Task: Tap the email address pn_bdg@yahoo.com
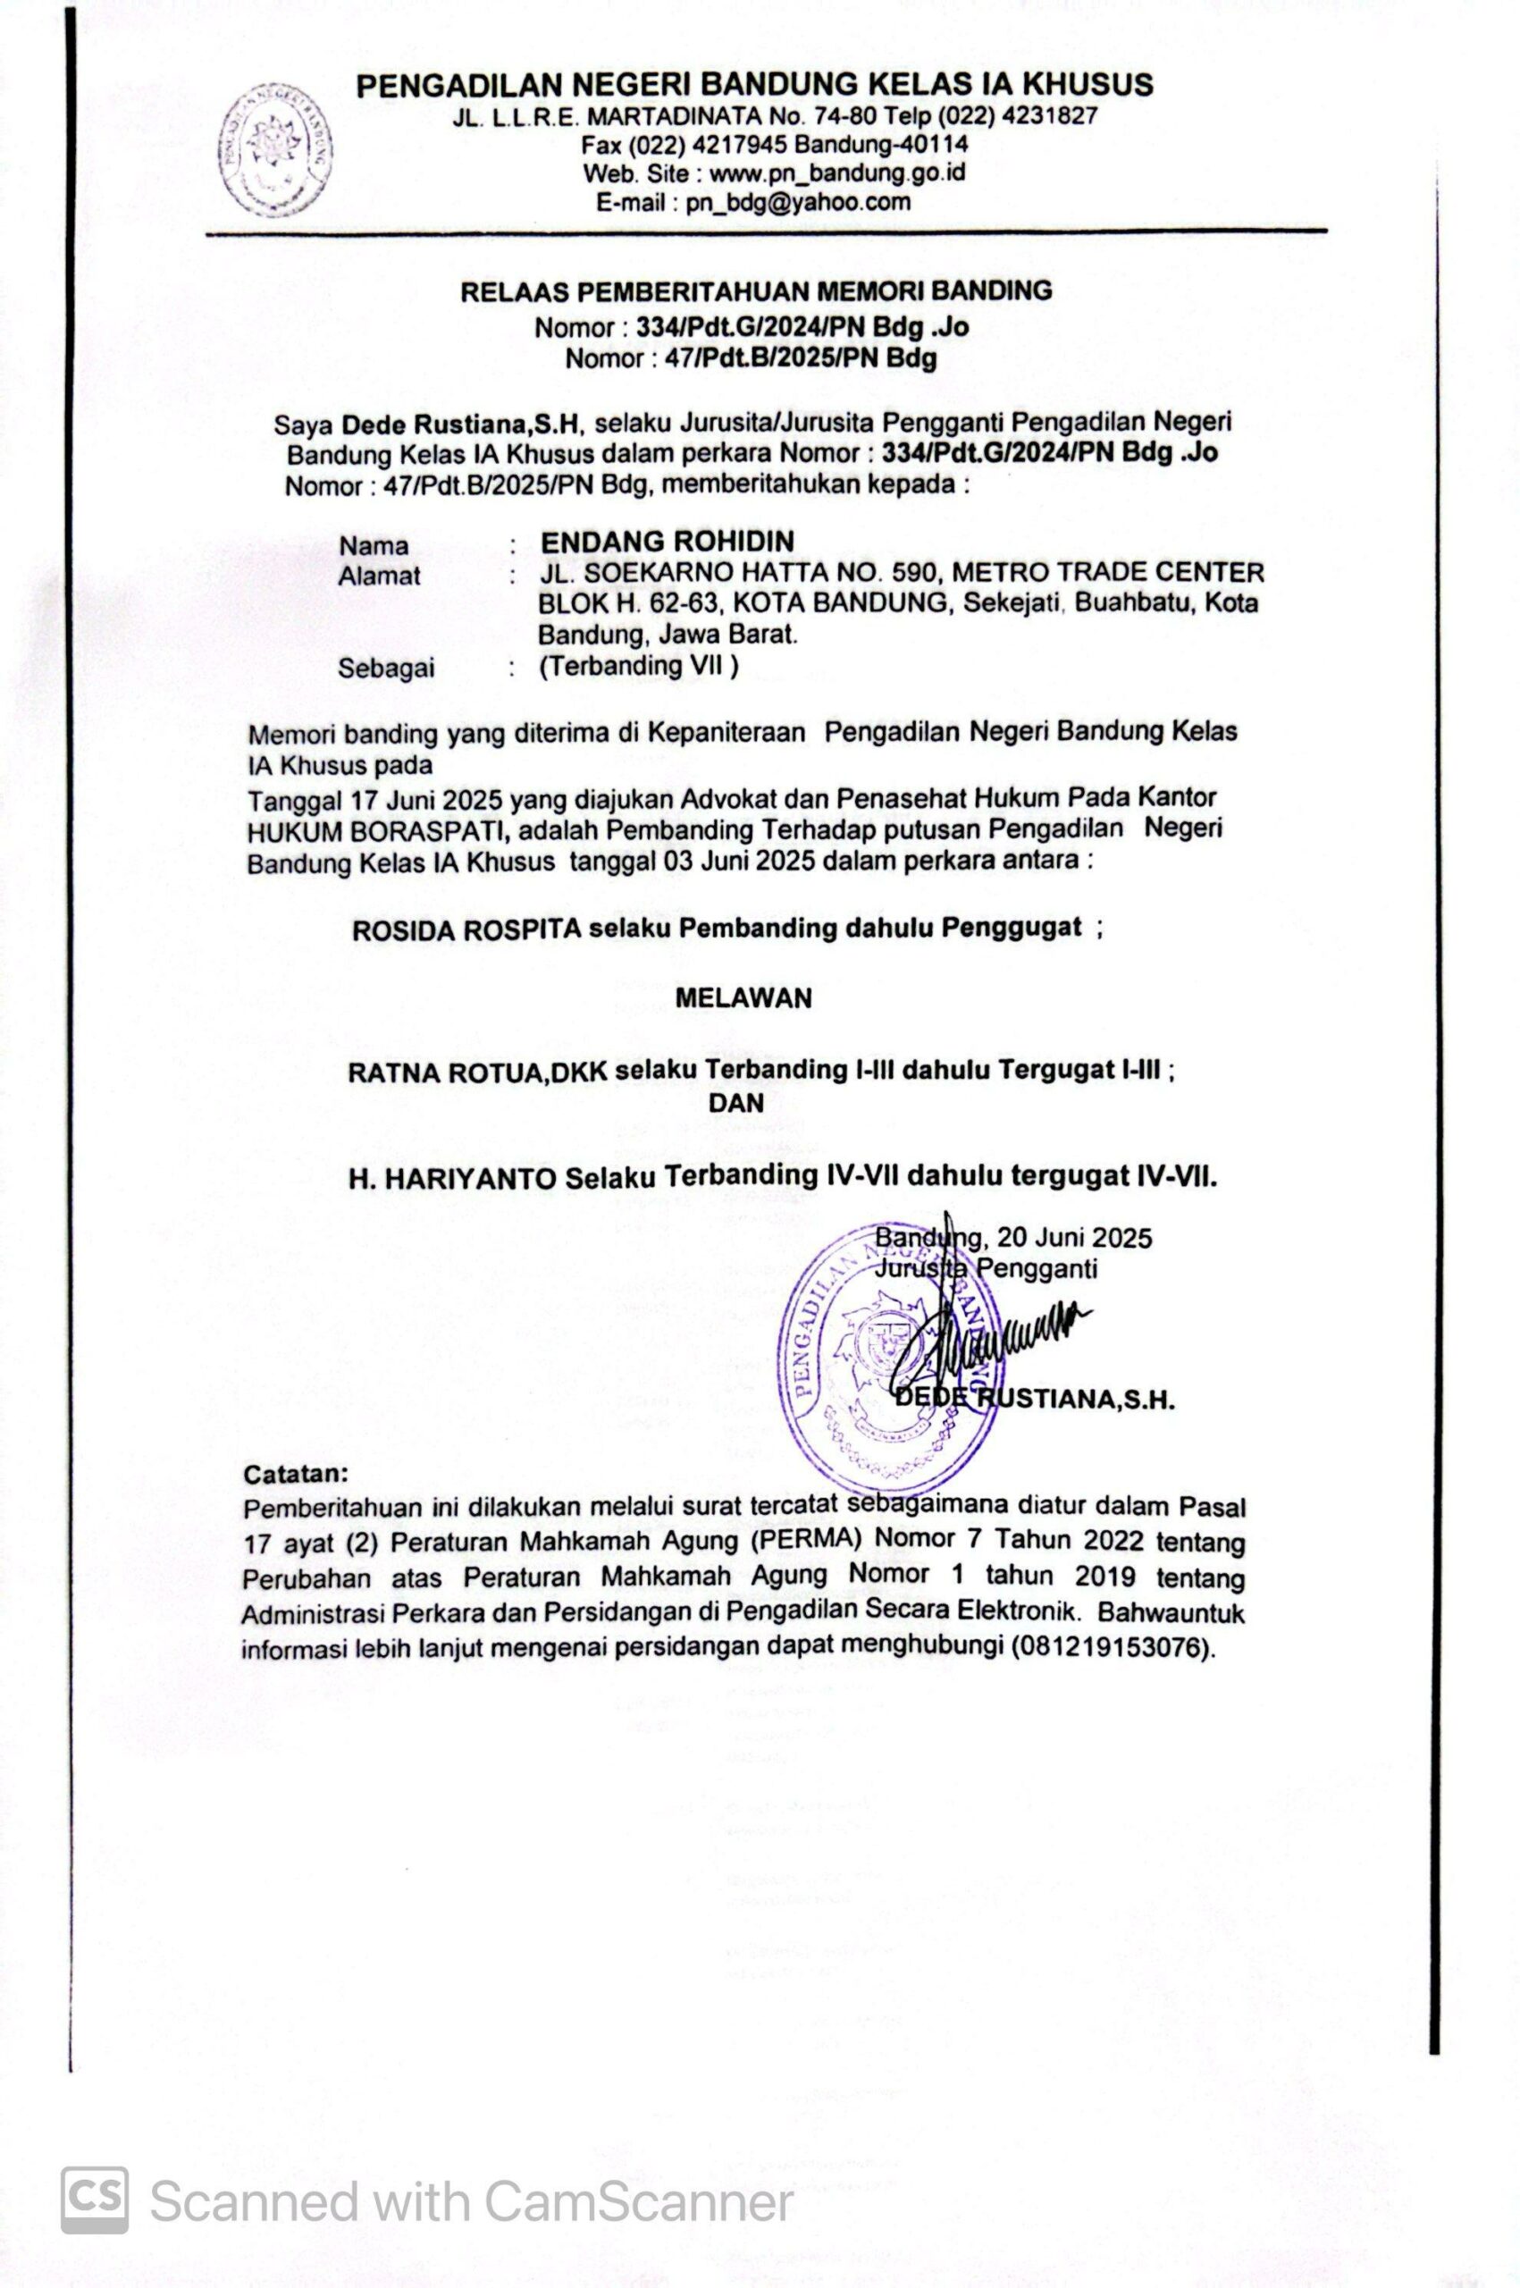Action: [798, 203]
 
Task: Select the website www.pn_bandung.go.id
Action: [836, 173]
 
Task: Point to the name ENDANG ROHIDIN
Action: [667, 541]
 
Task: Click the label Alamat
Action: [379, 576]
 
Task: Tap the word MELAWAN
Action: [743, 998]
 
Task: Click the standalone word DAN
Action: [735, 1102]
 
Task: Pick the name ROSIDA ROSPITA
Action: [466, 929]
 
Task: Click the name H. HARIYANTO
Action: [453, 1179]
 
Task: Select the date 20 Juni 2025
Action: [1067, 1238]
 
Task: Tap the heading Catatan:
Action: [295, 1475]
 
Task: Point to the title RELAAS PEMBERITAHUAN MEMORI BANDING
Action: [755, 290]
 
